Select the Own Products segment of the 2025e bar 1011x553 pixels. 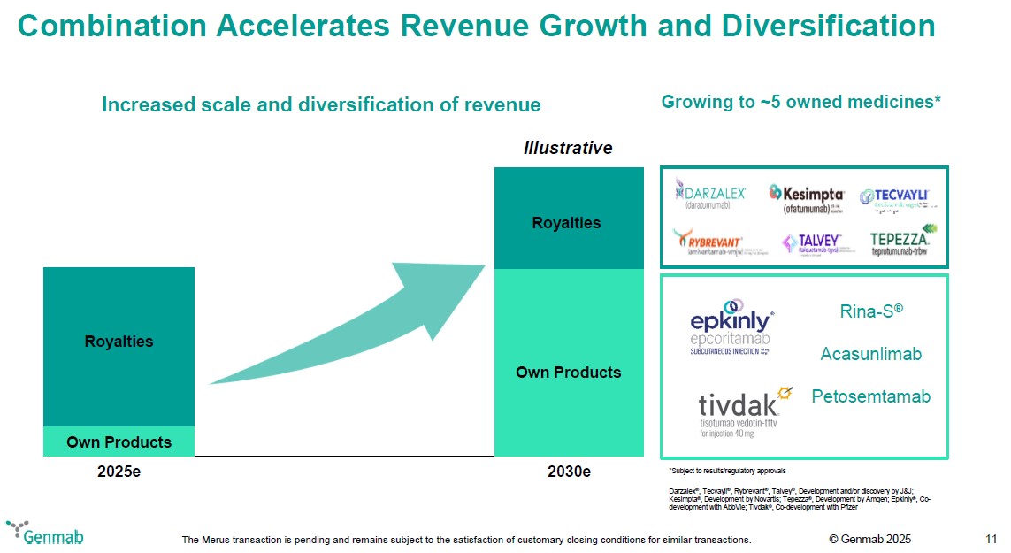point(119,442)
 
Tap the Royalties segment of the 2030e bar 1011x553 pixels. point(566,221)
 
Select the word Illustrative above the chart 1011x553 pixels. point(568,148)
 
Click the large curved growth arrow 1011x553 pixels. point(354,327)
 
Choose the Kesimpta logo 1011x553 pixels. point(806,196)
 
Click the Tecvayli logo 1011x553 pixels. point(894,196)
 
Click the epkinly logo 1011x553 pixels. point(731,328)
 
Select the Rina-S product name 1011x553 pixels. point(870,311)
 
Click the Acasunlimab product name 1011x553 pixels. point(870,354)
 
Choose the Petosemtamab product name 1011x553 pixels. point(870,396)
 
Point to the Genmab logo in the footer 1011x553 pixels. point(46,534)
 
